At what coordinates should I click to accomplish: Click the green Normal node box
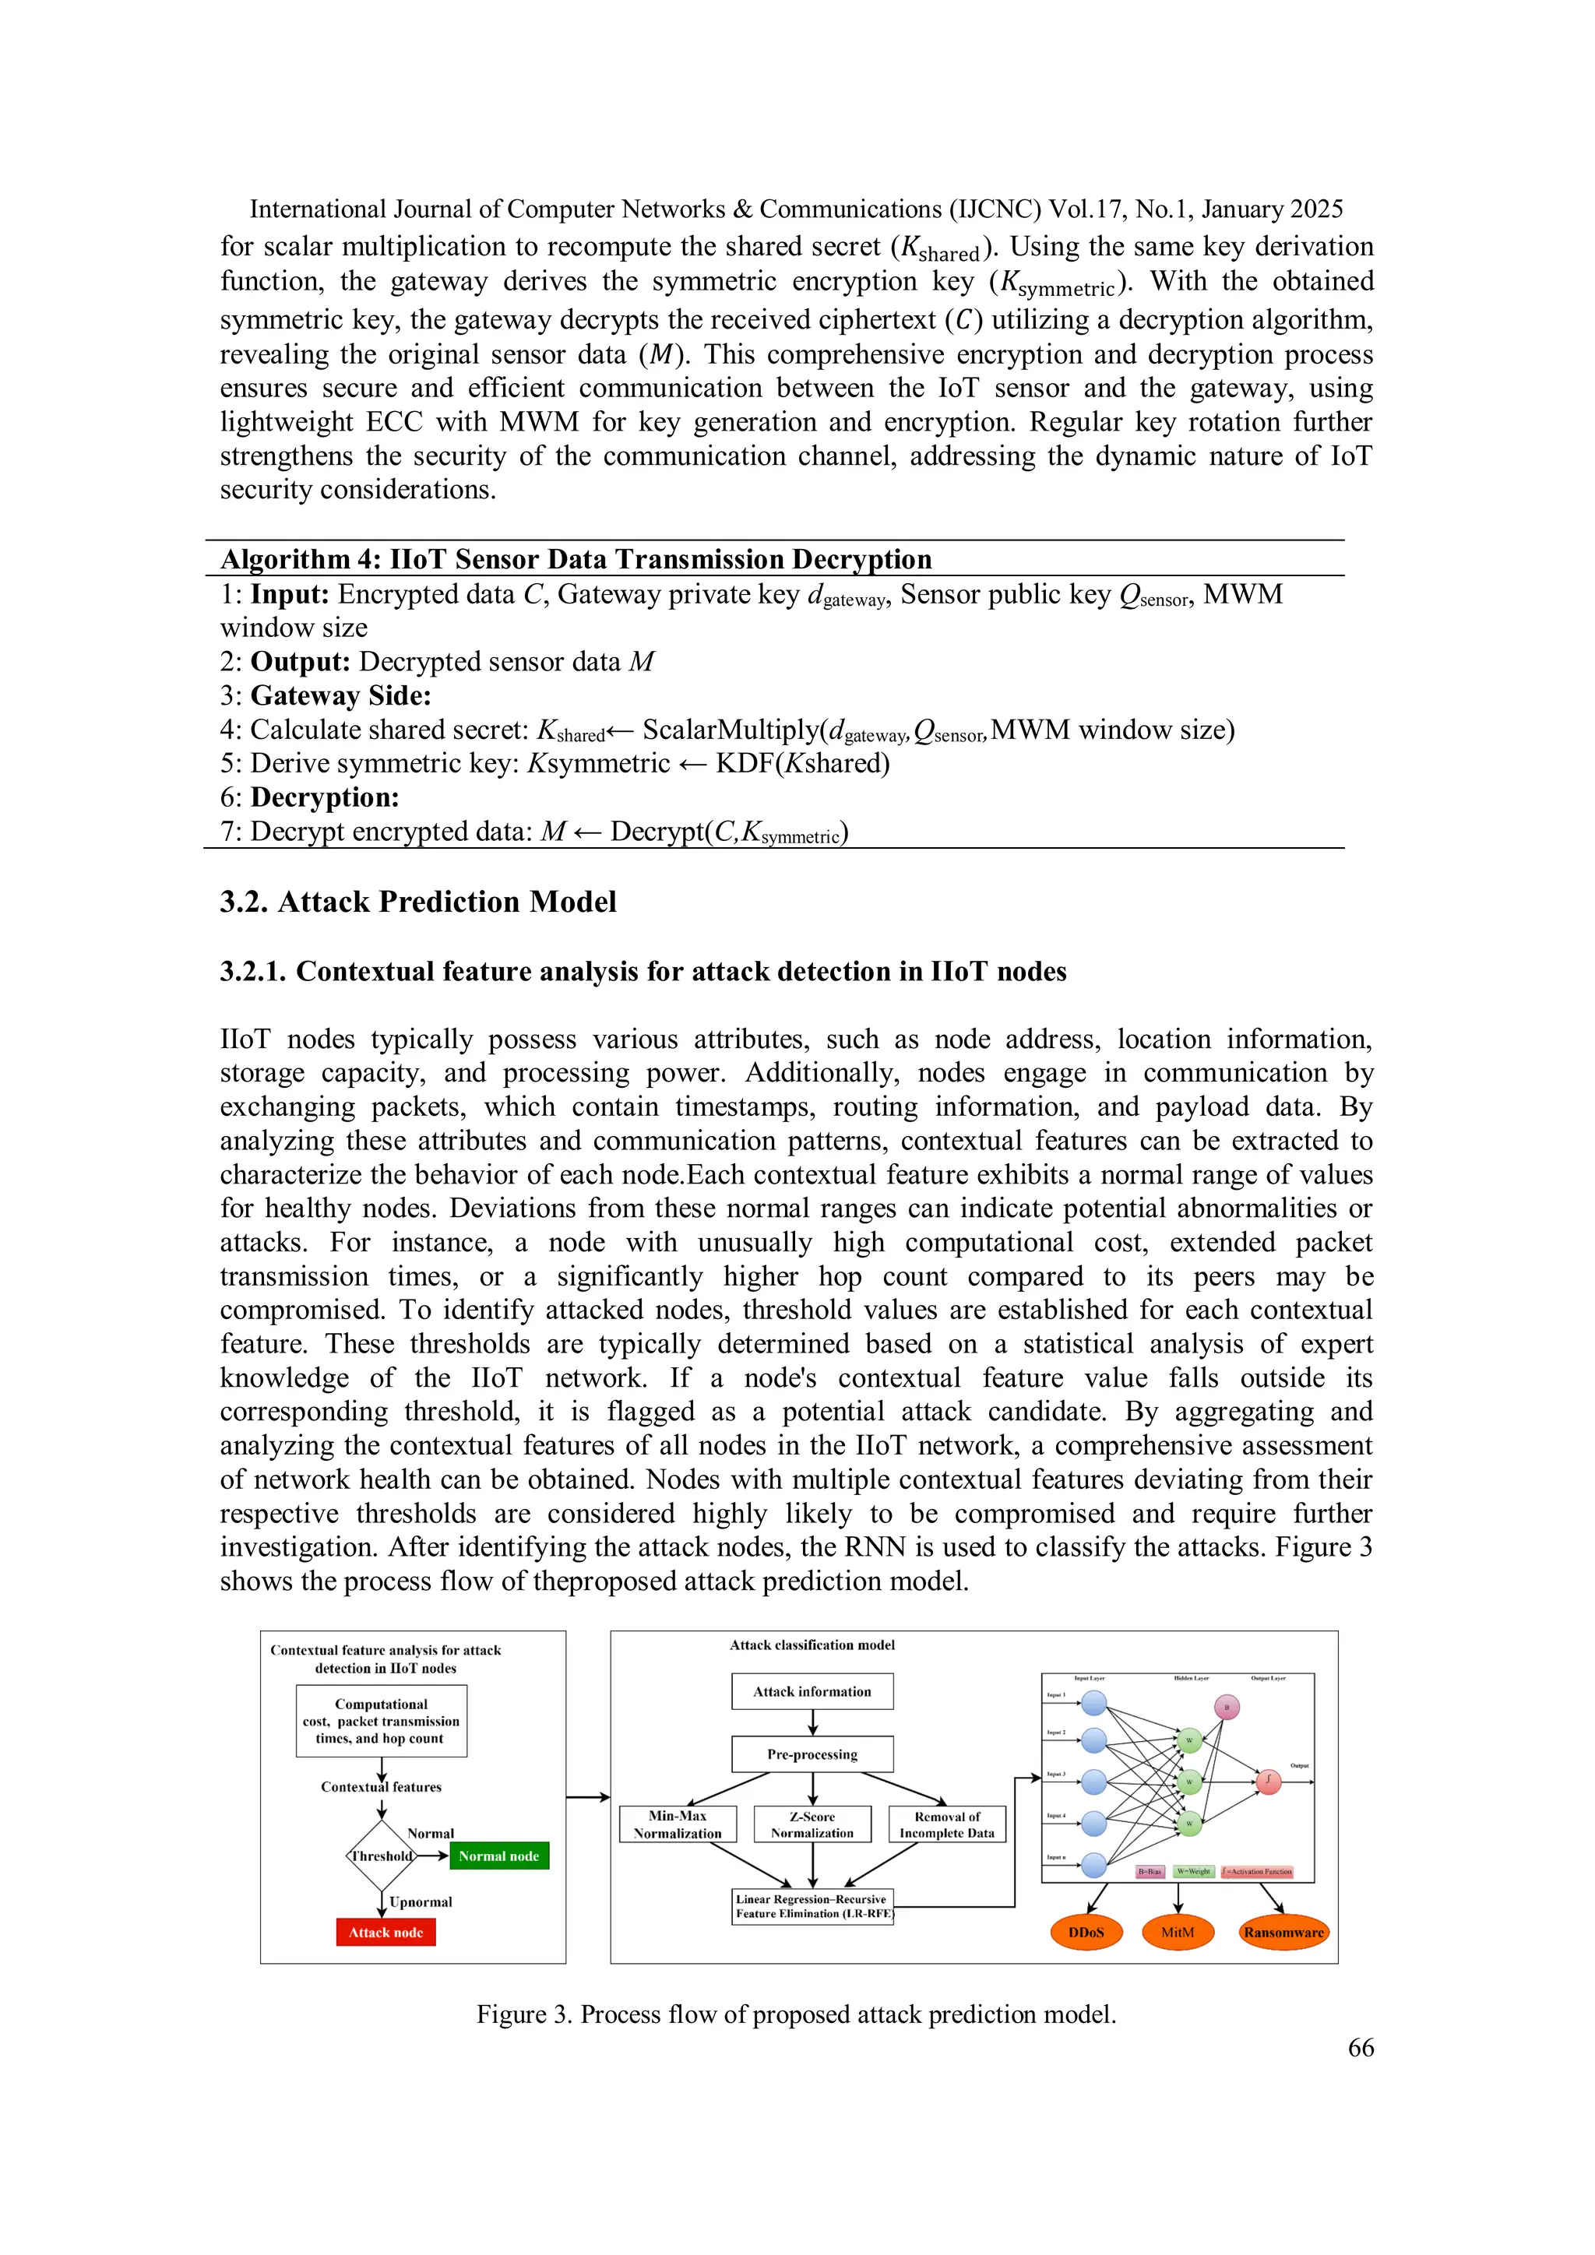[499, 1856]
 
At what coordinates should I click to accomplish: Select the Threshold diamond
[382, 1856]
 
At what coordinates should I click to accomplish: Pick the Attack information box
[812, 1691]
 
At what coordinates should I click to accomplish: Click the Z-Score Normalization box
[812, 1824]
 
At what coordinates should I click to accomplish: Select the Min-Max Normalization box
[678, 1824]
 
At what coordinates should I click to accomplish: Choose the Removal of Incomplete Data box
[947, 1824]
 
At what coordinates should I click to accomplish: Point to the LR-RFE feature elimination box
[812, 1906]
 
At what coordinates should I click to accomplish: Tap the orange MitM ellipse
[1178, 1932]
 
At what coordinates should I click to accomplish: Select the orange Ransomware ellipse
[1283, 1932]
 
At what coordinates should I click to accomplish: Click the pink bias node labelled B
[1227, 1707]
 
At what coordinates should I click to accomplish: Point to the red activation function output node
[1268, 1781]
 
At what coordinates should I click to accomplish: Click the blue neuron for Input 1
[1094, 1703]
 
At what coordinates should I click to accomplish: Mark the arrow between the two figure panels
[587, 1797]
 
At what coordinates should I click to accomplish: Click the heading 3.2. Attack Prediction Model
[417, 902]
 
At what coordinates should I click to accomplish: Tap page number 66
[1361, 2048]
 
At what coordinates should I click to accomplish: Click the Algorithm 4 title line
[576, 559]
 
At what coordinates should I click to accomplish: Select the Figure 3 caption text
[797, 2014]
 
